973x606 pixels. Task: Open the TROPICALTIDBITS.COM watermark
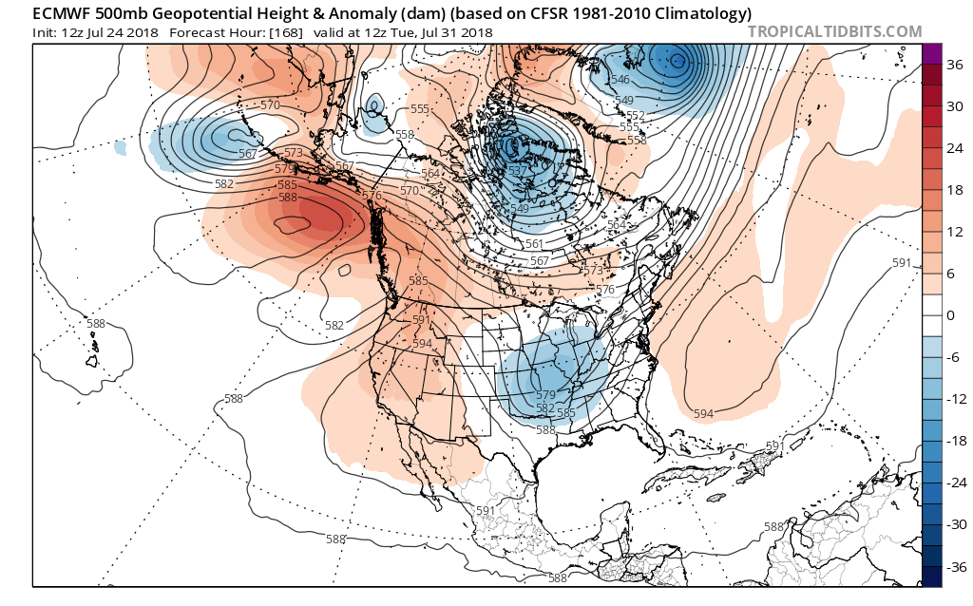pos(835,31)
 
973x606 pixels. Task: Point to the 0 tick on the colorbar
pos(949,315)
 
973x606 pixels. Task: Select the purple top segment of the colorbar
pos(931,54)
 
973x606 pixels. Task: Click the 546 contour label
pos(621,80)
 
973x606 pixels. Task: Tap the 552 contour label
pos(636,116)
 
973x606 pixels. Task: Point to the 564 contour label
pos(430,174)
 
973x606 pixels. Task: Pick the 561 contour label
pos(534,244)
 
